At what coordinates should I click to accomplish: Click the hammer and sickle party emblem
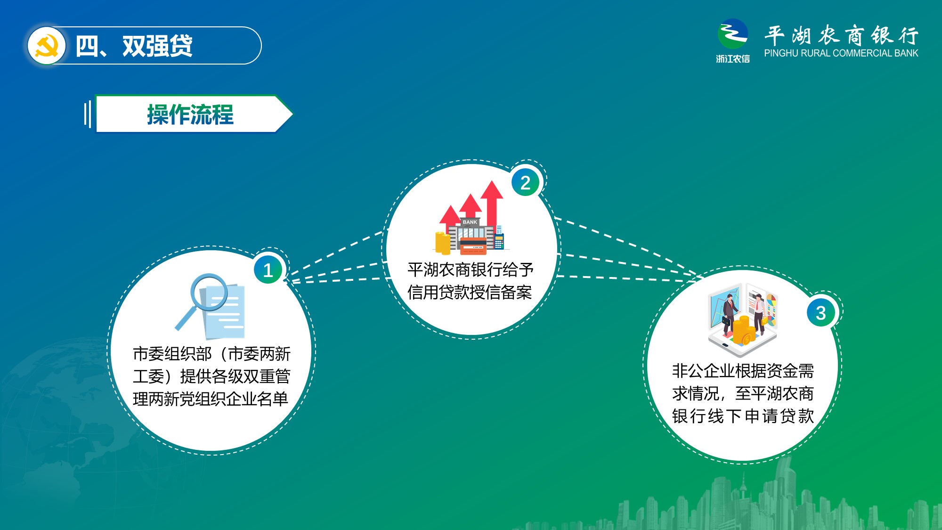tap(46, 46)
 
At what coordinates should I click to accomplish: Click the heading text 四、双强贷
tap(134, 46)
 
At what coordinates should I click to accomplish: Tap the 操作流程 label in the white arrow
tap(190, 114)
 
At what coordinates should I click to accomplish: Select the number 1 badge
tap(268, 270)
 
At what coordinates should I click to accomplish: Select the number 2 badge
tap(525, 182)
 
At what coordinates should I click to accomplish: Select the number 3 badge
tap(821, 312)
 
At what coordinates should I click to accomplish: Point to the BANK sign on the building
tap(470, 222)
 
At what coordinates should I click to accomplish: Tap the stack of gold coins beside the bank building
tap(442, 243)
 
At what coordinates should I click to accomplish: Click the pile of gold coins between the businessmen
tap(742, 330)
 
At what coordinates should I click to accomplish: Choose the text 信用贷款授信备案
tap(470, 292)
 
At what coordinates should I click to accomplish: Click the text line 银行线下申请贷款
tap(743, 416)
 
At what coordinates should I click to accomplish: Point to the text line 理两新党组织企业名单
tap(211, 399)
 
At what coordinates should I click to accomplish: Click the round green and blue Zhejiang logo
tap(732, 33)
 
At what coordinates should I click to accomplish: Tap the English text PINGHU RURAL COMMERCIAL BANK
tap(841, 53)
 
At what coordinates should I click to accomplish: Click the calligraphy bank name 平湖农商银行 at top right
tap(841, 35)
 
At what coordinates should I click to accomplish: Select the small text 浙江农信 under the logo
tap(733, 59)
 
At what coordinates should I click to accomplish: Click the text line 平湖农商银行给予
tap(471, 269)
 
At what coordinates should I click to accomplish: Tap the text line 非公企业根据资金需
tap(743, 371)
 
